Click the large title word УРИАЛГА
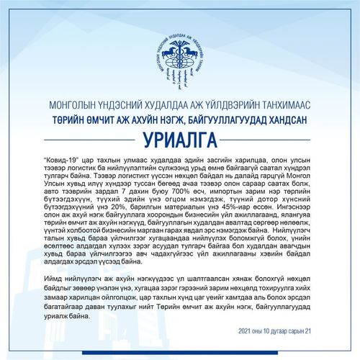coord(180,138)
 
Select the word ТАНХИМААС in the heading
coord(287,102)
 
